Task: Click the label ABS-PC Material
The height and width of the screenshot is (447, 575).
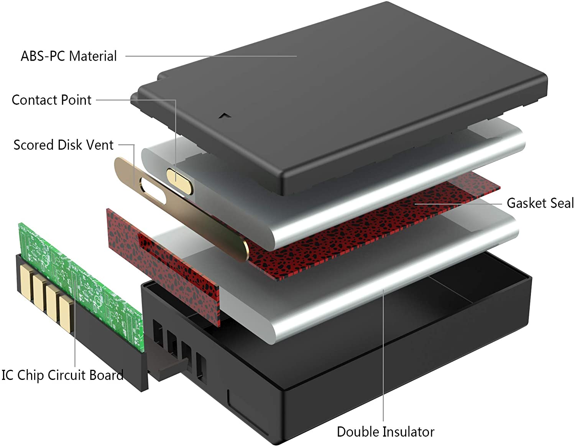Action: (69, 56)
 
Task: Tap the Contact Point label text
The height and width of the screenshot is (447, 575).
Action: (52, 100)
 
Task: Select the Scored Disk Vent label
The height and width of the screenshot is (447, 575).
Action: (63, 145)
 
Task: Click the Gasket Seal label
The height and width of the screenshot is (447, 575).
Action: (540, 203)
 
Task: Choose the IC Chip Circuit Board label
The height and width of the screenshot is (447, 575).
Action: (62, 376)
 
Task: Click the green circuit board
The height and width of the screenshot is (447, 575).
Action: (81, 287)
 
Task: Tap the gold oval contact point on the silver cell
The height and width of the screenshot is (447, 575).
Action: (180, 181)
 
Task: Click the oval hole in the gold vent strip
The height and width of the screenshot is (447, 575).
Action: (153, 191)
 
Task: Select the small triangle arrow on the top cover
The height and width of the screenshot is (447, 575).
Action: (225, 116)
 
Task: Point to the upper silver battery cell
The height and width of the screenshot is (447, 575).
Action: (333, 185)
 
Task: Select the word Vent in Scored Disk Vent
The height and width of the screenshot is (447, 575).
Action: (102, 145)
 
